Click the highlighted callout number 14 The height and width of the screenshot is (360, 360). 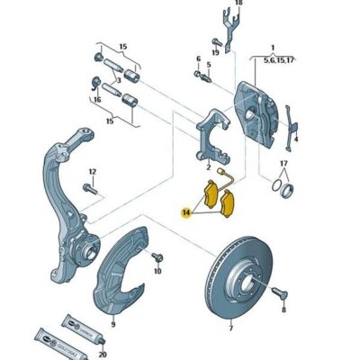(184, 213)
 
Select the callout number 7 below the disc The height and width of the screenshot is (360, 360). (230, 328)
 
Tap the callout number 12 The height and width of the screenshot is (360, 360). (92, 171)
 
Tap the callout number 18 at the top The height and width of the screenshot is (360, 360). (238, 4)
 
